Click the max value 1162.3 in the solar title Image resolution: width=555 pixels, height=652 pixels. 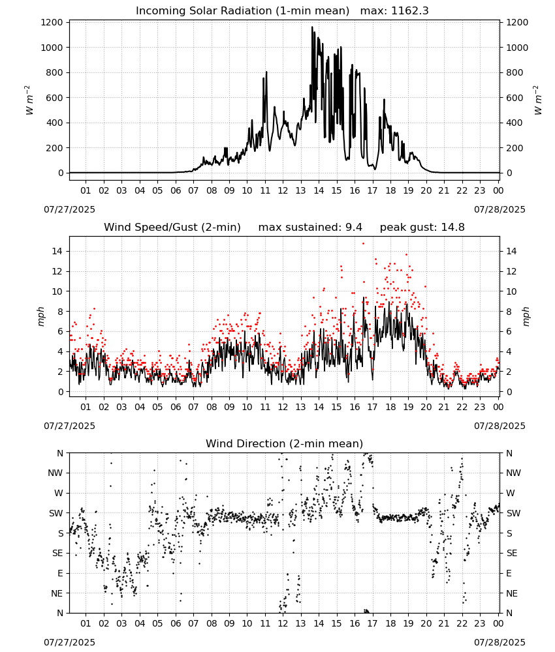(409, 11)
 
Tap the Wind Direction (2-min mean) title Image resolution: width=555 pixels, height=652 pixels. (285, 443)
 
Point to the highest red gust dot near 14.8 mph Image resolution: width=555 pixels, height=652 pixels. (363, 243)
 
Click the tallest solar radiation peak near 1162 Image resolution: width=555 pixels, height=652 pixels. (312, 27)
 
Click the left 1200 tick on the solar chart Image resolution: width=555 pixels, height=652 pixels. (52, 22)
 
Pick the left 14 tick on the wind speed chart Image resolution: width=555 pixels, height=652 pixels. (57, 251)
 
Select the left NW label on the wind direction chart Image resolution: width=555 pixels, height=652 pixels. (55, 473)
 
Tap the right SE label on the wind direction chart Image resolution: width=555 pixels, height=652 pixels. (512, 554)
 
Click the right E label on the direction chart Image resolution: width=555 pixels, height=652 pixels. (509, 573)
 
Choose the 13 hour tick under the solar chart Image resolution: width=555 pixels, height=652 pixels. (300, 191)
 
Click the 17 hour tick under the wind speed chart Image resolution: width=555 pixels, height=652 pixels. (372, 407)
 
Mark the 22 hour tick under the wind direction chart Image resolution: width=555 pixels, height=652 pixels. (462, 624)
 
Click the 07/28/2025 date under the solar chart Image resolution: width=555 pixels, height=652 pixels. (499, 209)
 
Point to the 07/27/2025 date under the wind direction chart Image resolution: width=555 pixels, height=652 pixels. (69, 642)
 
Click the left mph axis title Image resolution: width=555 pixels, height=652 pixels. (40, 316)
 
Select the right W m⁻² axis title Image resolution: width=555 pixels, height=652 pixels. (537, 100)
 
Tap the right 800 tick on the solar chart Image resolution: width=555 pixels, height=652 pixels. (515, 73)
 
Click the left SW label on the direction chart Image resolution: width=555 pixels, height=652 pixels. (56, 514)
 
